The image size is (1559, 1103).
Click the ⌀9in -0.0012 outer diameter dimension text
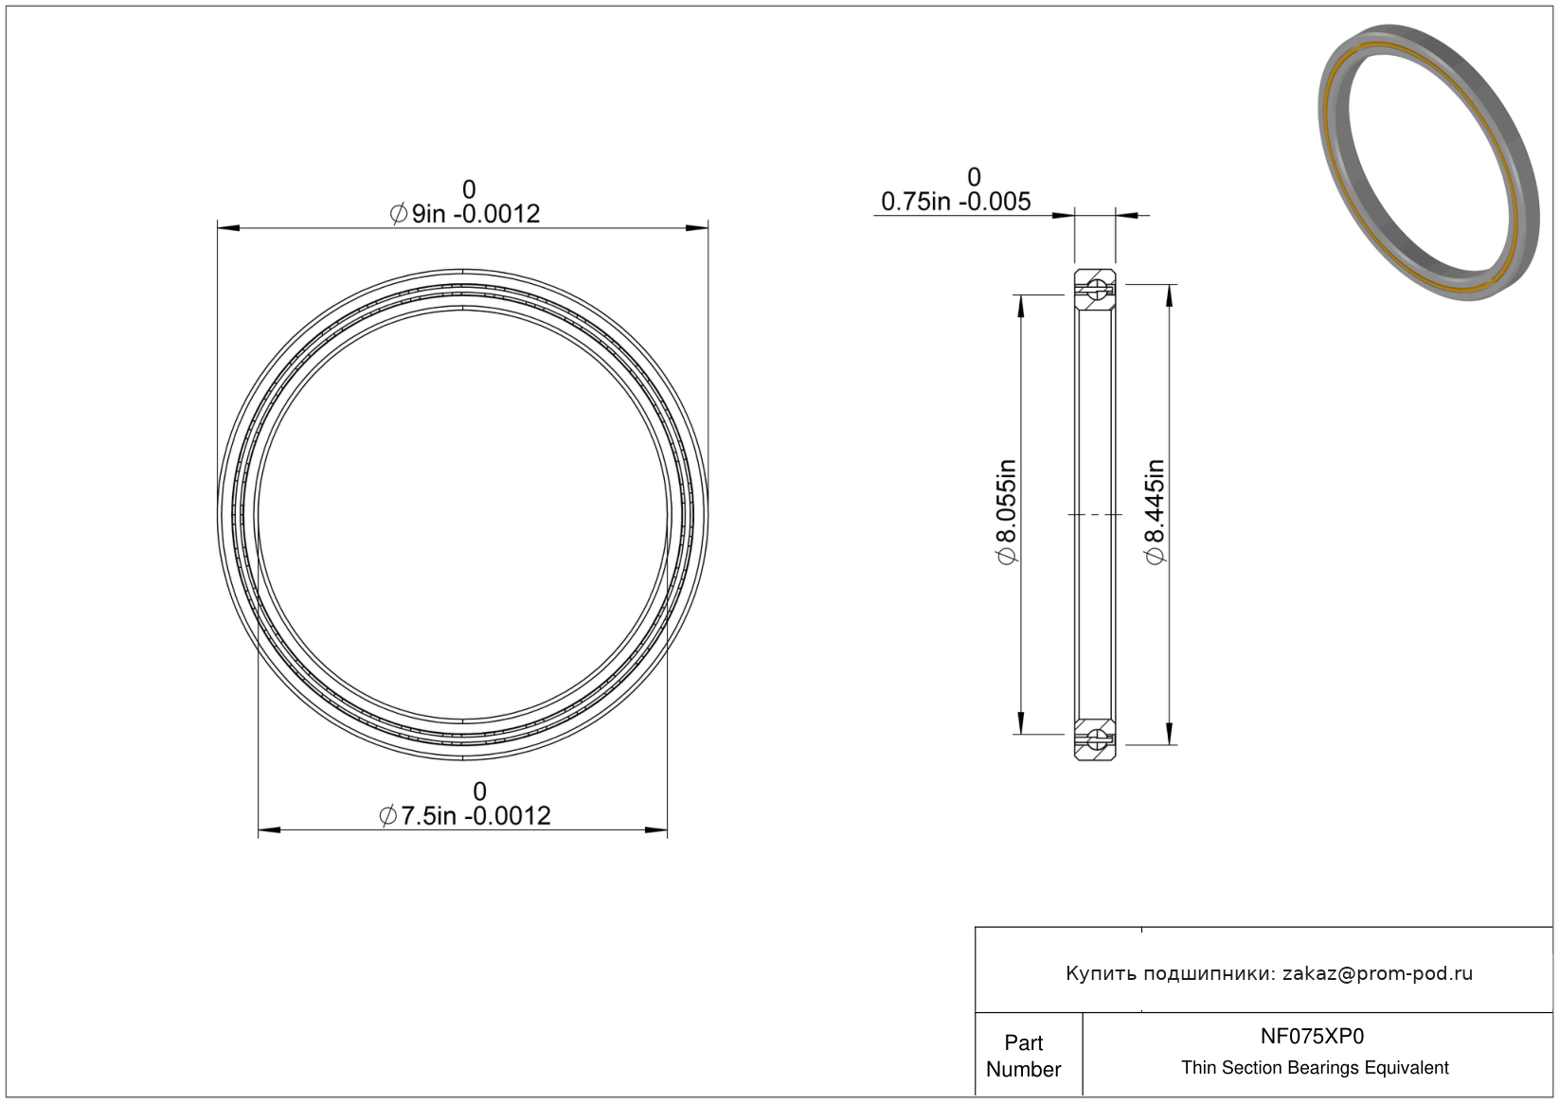click(x=464, y=214)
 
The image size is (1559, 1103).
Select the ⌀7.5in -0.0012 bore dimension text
click(x=464, y=815)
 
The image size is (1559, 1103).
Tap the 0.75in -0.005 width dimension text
click(x=956, y=202)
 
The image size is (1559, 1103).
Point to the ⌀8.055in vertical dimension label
click(x=1007, y=511)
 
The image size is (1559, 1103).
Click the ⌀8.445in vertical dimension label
click(x=1155, y=511)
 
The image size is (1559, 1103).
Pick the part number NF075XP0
click(x=1312, y=1037)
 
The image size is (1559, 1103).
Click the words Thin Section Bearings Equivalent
click(x=1315, y=1068)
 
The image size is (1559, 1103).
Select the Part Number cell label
click(x=1023, y=1056)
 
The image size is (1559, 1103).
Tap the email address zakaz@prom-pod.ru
click(x=1377, y=973)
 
